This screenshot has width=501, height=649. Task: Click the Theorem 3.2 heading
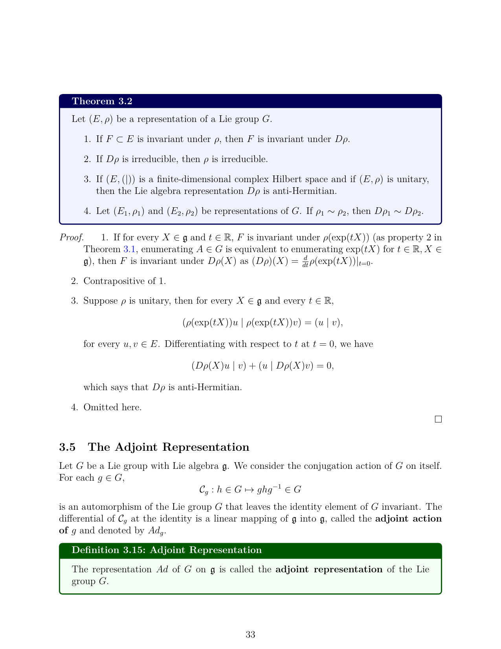(x=102, y=101)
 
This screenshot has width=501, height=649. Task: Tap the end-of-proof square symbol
(x=438, y=419)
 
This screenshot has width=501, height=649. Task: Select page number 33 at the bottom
(x=250, y=634)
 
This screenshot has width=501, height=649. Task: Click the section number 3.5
(x=67, y=447)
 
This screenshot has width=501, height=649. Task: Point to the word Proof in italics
(x=72, y=238)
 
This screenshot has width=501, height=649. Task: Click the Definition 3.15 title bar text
(x=167, y=550)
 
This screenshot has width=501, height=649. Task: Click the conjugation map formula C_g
(x=250, y=490)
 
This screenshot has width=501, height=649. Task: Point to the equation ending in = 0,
(x=262, y=366)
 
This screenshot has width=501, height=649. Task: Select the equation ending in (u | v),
(x=263, y=323)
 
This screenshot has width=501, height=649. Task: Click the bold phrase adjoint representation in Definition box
(x=329, y=570)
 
